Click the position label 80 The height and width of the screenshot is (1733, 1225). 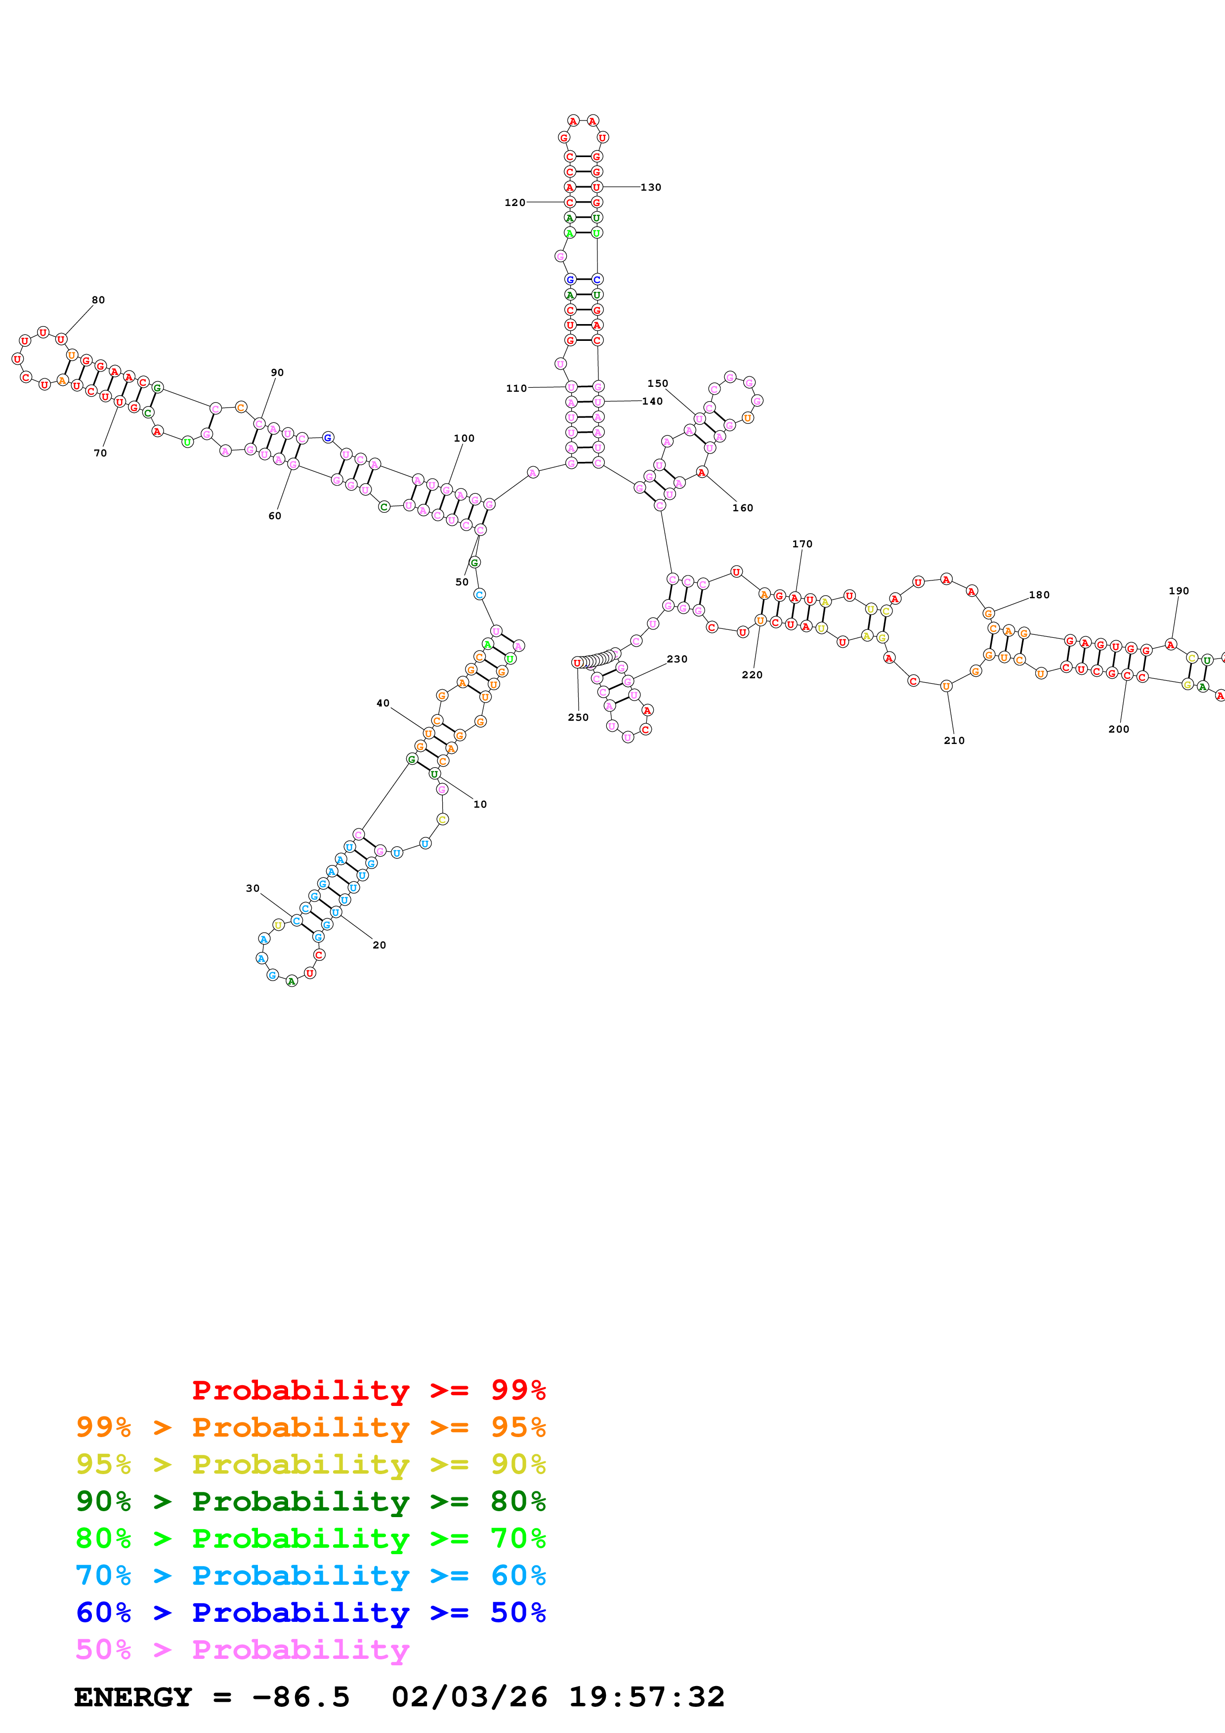coord(98,300)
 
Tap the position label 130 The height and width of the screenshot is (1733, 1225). coord(651,187)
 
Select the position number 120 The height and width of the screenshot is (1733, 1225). coord(515,202)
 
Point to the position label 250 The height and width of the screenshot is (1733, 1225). coord(578,717)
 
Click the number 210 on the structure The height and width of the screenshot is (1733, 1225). coord(954,741)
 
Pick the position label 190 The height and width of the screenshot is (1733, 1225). coord(1178,591)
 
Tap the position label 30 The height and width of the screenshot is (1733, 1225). coord(253,888)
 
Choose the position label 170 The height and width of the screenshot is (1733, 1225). coord(803,543)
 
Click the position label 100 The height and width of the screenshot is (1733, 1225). coord(464,438)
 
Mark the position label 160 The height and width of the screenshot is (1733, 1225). coord(743,508)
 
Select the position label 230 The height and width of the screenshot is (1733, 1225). coord(677,659)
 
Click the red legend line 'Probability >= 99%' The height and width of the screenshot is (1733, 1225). coord(369,1390)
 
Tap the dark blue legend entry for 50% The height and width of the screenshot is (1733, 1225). coord(310,1612)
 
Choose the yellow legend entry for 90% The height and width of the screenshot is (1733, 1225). coord(310,1464)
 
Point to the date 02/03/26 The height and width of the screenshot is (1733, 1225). coord(469,1697)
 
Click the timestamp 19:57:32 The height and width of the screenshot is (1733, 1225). coord(647,1697)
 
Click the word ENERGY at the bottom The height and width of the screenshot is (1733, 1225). coord(133,1697)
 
